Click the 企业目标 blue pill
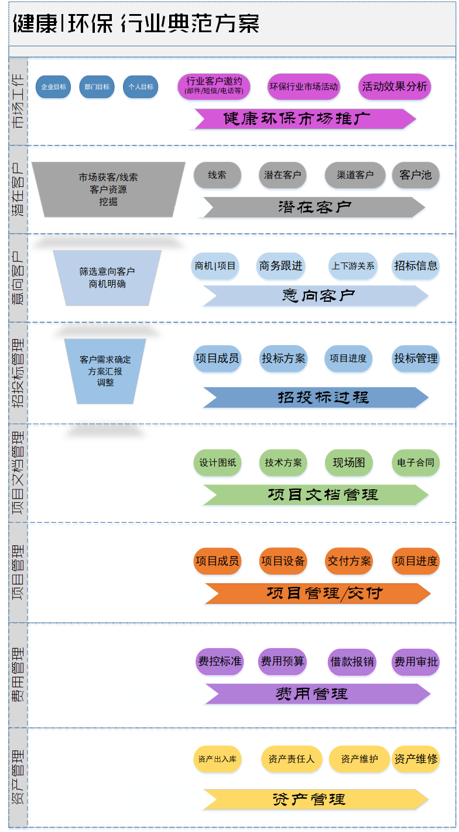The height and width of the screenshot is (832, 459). pos(53,87)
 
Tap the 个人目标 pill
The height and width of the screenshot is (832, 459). pos(141,87)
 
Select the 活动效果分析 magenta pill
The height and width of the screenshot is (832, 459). pos(395,87)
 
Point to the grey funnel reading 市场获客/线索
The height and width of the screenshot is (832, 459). pos(108,189)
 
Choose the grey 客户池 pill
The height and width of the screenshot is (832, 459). pos(416,175)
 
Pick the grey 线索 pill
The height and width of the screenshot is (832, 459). pos(217,175)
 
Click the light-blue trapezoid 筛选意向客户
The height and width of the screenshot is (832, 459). pos(107,278)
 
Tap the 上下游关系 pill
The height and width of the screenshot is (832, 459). pos(353,266)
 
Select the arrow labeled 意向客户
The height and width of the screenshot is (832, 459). pos(316,296)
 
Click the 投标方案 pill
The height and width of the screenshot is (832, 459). pos(283,359)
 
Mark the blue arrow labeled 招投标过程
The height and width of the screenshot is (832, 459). pos(316,397)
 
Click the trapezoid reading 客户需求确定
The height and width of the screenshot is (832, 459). pos(105,371)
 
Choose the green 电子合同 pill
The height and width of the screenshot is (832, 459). pos(416,463)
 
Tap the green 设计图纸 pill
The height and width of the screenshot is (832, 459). pos(217,463)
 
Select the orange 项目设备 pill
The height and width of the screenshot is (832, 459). pos(283,561)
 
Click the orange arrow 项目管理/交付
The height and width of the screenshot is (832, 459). pos(318,593)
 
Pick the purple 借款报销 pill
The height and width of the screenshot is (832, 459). pos(352,661)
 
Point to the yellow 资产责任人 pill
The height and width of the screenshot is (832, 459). pos(292,759)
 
